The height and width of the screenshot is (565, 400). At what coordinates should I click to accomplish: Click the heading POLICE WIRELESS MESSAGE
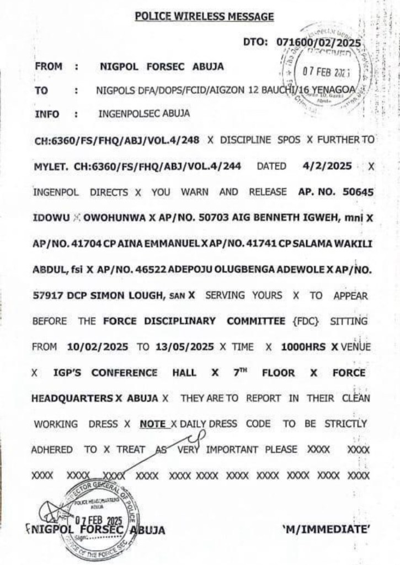pos(205,17)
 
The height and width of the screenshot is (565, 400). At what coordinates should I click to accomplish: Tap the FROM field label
pos(48,67)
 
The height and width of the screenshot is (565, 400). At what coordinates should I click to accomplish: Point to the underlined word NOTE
pos(153,424)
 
